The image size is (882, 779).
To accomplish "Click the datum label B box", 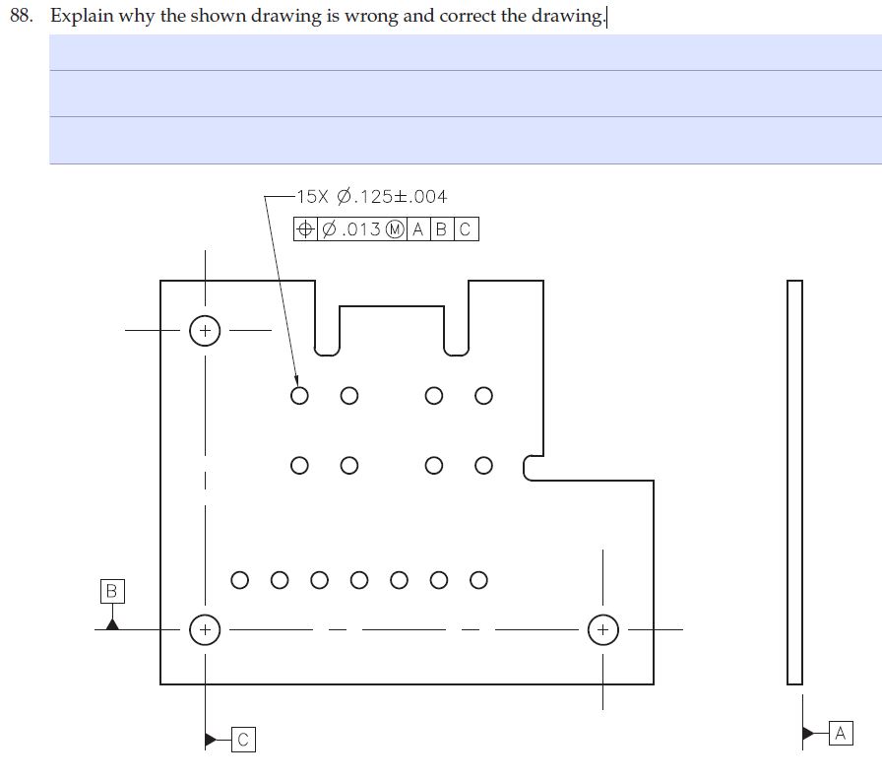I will coord(111,591).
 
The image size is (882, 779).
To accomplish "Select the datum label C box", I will coord(243,740).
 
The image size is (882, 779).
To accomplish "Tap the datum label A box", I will coord(840,733).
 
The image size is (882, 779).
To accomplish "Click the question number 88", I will coord(22,17).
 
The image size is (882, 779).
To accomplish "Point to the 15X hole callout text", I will coord(372,197).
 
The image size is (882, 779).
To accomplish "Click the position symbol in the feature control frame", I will coord(306,229).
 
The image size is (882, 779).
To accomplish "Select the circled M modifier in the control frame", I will coord(396,229).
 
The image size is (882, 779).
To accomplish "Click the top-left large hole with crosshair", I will coord(205,331).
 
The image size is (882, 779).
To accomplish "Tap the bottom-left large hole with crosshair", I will coord(205,628).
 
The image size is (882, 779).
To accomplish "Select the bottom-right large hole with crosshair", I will coord(603,628).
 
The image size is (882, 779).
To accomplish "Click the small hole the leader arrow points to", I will coord(300,396).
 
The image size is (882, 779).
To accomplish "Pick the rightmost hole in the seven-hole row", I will coord(478,579).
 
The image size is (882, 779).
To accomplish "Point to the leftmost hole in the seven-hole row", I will coord(240,579).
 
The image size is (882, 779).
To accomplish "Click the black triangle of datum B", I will coord(112,621).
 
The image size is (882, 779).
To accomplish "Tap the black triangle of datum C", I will coord(211,739).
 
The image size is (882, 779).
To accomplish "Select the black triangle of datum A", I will coord(808,733).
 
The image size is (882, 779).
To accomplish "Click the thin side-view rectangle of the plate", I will coord(794,482).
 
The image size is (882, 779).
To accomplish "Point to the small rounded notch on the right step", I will coord(531,467).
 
